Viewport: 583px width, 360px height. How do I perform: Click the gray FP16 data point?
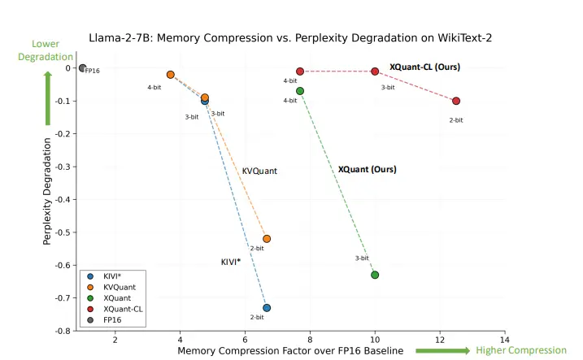point(82,68)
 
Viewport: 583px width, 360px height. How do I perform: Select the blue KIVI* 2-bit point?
point(267,307)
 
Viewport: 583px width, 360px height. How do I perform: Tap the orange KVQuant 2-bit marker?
point(267,239)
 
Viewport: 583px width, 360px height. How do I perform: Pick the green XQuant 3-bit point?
point(375,275)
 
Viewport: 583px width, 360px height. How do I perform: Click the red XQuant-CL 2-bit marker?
point(456,101)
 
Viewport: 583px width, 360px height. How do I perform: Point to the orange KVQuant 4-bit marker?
point(171,75)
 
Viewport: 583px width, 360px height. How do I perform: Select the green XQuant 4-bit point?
point(300,91)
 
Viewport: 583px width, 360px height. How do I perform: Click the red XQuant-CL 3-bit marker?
point(375,72)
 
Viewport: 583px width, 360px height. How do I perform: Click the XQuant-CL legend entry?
point(123,309)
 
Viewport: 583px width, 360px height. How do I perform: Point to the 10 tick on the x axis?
point(375,340)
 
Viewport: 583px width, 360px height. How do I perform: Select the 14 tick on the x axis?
point(505,340)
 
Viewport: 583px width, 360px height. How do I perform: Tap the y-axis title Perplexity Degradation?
point(48,192)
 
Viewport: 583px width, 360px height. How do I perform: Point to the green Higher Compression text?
point(520,350)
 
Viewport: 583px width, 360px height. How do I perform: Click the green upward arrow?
point(48,98)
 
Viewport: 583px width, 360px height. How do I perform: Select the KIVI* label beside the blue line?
point(231,262)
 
